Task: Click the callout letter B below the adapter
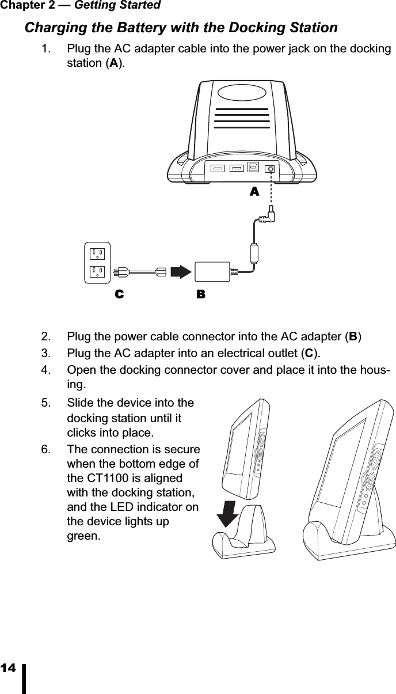point(200,294)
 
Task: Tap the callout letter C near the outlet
point(119,294)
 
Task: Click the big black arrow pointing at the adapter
point(182,272)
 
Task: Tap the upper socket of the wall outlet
point(97,253)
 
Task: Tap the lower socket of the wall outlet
point(97,271)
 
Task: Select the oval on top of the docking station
point(241,93)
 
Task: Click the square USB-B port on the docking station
point(253,169)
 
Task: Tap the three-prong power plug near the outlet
point(121,272)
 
